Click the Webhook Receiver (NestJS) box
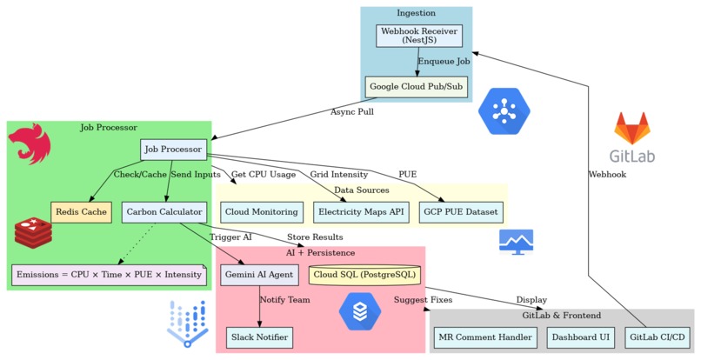[418, 36]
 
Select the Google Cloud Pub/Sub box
[417, 87]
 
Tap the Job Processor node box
[173, 150]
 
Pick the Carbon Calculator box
[164, 211]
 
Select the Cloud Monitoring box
[262, 211]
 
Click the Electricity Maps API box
[361, 211]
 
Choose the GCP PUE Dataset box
[459, 211]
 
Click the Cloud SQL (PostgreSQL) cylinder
[364, 275]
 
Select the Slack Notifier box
[258, 337]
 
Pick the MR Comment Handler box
[484, 337]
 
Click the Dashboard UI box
[580, 337]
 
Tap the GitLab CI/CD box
[658, 337]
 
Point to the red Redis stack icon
[33, 233]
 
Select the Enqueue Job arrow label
[444, 62]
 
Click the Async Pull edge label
[352, 112]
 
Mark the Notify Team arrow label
[284, 300]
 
